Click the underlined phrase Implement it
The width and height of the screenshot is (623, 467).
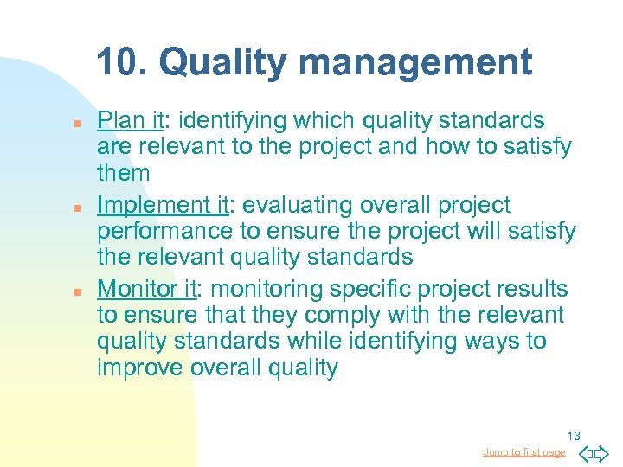tap(164, 206)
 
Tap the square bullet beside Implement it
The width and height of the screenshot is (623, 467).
tap(77, 208)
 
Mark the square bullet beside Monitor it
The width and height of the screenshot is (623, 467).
tap(77, 292)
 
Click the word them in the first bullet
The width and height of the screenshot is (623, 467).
tap(124, 173)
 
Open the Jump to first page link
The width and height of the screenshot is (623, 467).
tap(524, 452)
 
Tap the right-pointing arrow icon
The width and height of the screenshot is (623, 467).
tap(603, 452)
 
